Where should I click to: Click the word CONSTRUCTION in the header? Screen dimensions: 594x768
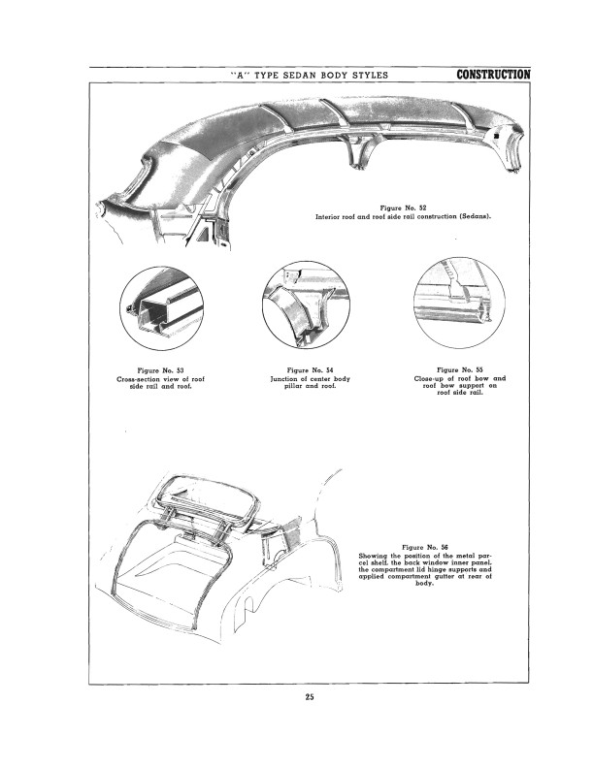coord(493,75)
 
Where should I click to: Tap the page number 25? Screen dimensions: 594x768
coord(310,697)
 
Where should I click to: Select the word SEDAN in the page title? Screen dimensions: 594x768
coord(300,75)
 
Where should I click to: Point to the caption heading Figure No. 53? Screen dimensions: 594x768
coord(160,370)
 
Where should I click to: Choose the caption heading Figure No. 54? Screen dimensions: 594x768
coord(311,370)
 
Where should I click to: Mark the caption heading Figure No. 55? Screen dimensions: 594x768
coord(460,369)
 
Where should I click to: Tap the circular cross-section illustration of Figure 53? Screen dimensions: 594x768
coord(162,308)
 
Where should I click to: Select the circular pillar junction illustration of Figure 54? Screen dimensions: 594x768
coord(307,304)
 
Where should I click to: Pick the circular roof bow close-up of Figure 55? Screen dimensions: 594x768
coord(460,303)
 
